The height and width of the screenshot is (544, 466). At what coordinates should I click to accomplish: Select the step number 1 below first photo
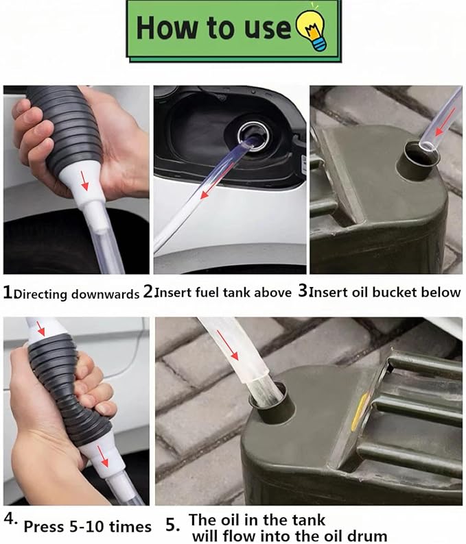click(8, 293)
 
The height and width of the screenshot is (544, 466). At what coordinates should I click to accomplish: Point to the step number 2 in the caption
click(148, 292)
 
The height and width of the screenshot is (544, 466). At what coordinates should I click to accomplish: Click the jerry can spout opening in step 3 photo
click(419, 157)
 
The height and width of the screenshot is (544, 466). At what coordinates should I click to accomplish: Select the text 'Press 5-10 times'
click(87, 527)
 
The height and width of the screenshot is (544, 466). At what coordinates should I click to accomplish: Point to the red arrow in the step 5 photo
click(226, 344)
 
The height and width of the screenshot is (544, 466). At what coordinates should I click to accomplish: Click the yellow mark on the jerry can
click(357, 417)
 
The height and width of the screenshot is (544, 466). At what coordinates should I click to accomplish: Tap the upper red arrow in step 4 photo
click(40, 327)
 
